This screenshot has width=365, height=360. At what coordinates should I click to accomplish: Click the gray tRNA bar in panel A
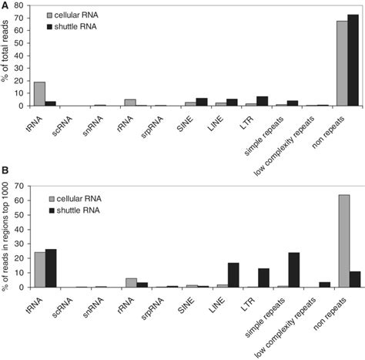pos(39,94)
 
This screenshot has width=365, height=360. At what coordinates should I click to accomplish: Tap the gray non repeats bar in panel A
pos(342,63)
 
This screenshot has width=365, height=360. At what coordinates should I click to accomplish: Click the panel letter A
pos(6,6)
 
